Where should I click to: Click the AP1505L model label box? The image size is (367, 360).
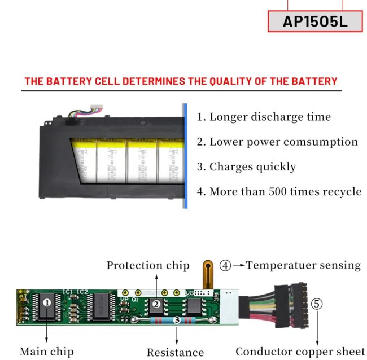(314, 21)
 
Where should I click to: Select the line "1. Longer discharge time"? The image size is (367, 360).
(264, 117)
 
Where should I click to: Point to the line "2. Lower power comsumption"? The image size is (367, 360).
(277, 142)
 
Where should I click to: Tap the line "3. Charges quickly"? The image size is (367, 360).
(246, 166)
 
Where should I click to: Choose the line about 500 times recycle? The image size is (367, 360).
(279, 191)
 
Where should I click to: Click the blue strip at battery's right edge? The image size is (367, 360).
(185, 156)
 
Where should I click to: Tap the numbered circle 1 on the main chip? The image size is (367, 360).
(47, 302)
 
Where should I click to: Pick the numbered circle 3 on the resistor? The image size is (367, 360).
(177, 320)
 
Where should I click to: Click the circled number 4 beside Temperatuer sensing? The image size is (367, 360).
(225, 265)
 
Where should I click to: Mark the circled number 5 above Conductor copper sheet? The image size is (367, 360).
(317, 304)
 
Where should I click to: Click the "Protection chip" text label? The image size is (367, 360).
(148, 265)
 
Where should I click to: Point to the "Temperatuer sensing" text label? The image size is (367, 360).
(303, 265)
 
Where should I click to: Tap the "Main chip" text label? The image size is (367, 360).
(46, 352)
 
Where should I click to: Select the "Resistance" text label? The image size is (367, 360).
(175, 353)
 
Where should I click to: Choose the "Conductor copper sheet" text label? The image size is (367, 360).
(300, 352)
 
